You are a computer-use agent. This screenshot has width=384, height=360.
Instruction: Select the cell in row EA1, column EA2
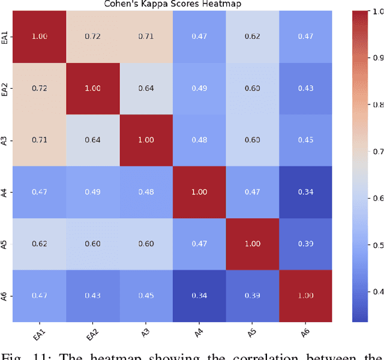click(x=93, y=37)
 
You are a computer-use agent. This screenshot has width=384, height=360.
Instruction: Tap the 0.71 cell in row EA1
click(x=146, y=37)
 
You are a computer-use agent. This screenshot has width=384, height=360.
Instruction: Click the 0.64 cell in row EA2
click(x=146, y=88)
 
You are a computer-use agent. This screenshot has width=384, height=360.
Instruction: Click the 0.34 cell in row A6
click(x=199, y=295)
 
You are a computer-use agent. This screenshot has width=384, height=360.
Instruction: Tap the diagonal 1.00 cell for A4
click(x=199, y=191)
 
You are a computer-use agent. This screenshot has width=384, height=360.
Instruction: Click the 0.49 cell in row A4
click(x=93, y=191)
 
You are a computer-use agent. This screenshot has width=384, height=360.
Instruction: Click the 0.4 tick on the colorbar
click(x=377, y=292)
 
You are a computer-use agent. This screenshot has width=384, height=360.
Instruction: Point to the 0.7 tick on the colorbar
click(x=377, y=152)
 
